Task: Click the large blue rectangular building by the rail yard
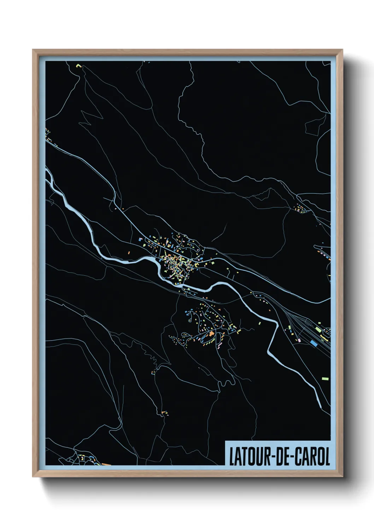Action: [314, 343]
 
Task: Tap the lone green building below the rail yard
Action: [325, 379]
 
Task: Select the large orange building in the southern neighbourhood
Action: [211, 334]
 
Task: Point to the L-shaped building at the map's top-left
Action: [78, 66]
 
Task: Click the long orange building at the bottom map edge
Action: [106, 464]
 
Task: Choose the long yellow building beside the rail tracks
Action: [324, 338]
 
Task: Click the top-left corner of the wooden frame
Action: [33, 50]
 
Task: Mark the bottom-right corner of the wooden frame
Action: [342, 476]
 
